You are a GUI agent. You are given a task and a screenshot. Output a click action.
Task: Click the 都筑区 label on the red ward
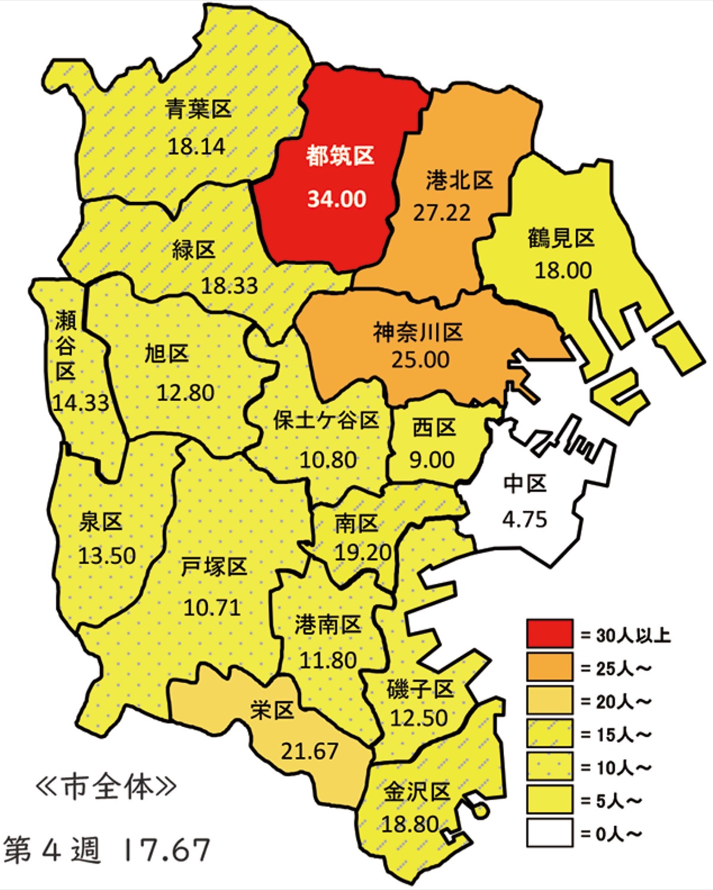click(x=340, y=156)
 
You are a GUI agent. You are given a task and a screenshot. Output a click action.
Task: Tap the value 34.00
click(x=337, y=199)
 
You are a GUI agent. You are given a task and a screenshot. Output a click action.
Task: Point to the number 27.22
click(x=441, y=213)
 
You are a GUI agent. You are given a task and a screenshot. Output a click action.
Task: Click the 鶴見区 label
click(x=561, y=238)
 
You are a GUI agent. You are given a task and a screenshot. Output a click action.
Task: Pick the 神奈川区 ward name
click(x=418, y=332)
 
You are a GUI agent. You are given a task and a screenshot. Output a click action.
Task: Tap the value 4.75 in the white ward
click(x=525, y=520)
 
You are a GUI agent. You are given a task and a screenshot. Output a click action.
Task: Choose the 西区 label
click(x=434, y=427)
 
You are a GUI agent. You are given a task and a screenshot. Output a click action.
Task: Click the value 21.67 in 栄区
click(x=310, y=752)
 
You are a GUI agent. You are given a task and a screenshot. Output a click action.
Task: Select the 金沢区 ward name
click(x=416, y=792)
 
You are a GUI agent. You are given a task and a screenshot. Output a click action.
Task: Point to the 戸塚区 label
click(x=214, y=567)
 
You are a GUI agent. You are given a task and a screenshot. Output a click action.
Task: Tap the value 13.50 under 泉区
click(x=107, y=556)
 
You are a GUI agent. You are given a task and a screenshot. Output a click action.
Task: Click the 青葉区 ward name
click(x=198, y=109)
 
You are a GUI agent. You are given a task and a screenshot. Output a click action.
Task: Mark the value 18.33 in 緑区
click(x=229, y=286)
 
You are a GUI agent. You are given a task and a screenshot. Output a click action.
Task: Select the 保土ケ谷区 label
click(x=326, y=420)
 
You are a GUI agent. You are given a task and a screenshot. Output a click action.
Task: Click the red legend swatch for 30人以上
click(x=550, y=634)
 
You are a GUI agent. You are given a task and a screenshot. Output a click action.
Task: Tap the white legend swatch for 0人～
click(x=550, y=832)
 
